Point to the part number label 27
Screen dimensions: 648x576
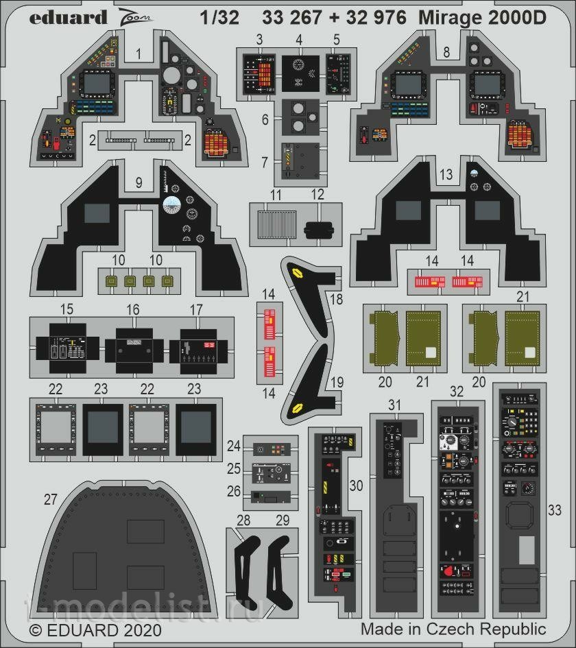tap(50, 500)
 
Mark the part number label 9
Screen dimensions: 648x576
tap(139, 183)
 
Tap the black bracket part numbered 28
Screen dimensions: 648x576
tap(245, 567)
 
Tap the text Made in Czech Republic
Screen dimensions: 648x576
tap(453, 629)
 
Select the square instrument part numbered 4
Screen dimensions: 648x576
tap(300, 73)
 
